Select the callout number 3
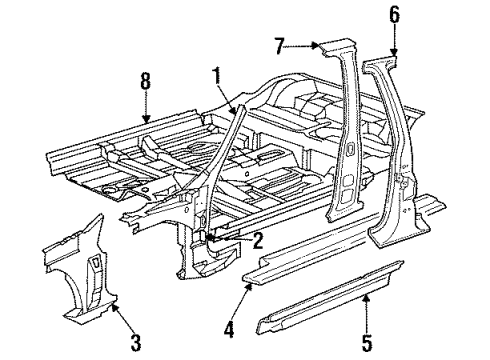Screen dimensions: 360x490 click(x=135, y=346)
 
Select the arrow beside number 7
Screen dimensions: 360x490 click(x=304, y=46)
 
